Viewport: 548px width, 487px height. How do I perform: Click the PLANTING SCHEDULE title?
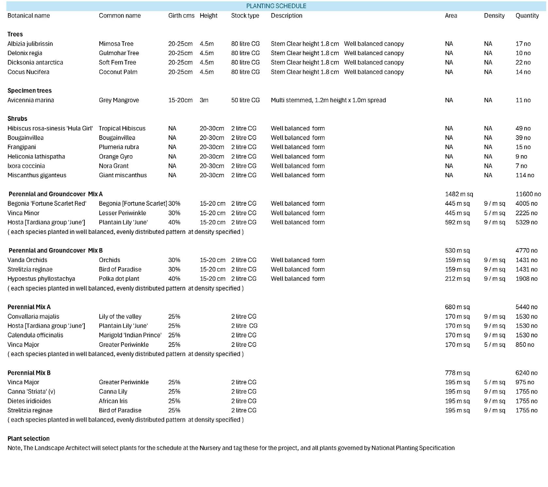pyautogui.click(x=276, y=6)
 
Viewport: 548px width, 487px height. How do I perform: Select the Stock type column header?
pyautogui.click(x=245, y=15)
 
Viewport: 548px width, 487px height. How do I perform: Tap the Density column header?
pyautogui.click(x=494, y=15)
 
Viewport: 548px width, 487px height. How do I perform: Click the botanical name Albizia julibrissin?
pyautogui.click(x=30, y=44)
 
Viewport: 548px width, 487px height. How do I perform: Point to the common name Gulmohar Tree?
pyautogui.click(x=119, y=53)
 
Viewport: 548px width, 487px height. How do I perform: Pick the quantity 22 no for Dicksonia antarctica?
pyautogui.click(x=523, y=62)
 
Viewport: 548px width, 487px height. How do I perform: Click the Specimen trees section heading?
pyautogui.click(x=29, y=90)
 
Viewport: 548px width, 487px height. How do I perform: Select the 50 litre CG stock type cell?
pyautogui.click(x=245, y=100)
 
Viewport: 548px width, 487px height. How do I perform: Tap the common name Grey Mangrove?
pyautogui.click(x=119, y=100)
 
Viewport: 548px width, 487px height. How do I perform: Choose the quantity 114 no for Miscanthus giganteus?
pyautogui.click(x=524, y=175)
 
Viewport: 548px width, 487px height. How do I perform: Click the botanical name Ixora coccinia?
pyautogui.click(x=26, y=166)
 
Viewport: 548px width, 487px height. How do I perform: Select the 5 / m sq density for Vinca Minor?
pyautogui.click(x=494, y=213)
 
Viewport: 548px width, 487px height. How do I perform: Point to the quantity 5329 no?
pyautogui.click(x=526, y=222)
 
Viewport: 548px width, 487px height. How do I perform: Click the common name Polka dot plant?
pyautogui.click(x=119, y=279)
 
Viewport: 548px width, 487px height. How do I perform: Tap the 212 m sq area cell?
pyautogui.click(x=457, y=279)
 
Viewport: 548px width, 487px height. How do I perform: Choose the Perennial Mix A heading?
pyautogui.click(x=29, y=307)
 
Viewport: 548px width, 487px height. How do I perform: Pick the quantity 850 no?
pyautogui.click(x=524, y=345)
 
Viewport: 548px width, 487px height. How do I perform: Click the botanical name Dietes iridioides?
pyautogui.click(x=29, y=401)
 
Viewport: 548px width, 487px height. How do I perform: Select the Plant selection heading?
pyautogui.click(x=28, y=439)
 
